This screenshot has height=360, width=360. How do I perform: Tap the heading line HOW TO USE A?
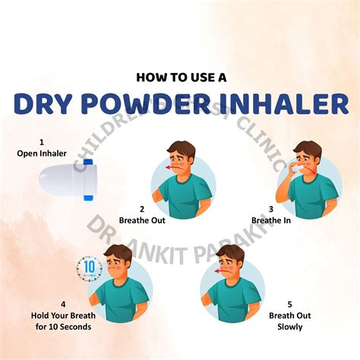click(179, 76)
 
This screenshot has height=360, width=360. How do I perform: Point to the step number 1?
click(42, 141)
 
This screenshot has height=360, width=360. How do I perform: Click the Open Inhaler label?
click(42, 153)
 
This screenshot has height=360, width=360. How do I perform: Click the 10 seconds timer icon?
click(89, 269)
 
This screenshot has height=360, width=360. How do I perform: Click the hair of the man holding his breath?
click(118, 251)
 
